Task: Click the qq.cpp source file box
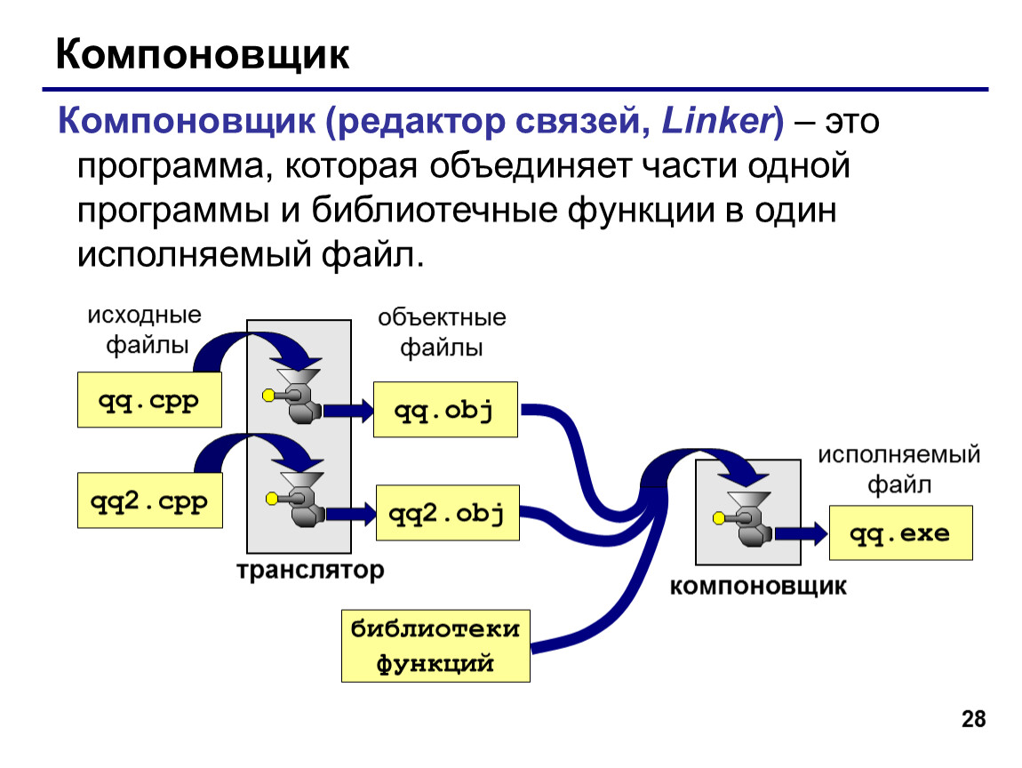tap(149, 400)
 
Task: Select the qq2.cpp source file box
tap(150, 500)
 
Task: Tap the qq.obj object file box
tap(445, 410)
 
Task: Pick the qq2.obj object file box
tap(448, 512)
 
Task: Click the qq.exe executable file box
tap(901, 532)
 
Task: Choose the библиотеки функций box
tap(435, 646)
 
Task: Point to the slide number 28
tap(974, 718)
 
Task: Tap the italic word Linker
tap(716, 121)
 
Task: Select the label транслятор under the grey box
tap(310, 570)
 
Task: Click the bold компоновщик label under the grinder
tap(758, 586)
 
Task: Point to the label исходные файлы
tap(146, 330)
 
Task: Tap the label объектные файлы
tap(442, 332)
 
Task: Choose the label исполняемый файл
tap(898, 469)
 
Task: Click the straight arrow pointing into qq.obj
tap(348, 411)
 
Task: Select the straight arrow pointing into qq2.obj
tap(351, 514)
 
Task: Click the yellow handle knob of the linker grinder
tap(719, 518)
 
